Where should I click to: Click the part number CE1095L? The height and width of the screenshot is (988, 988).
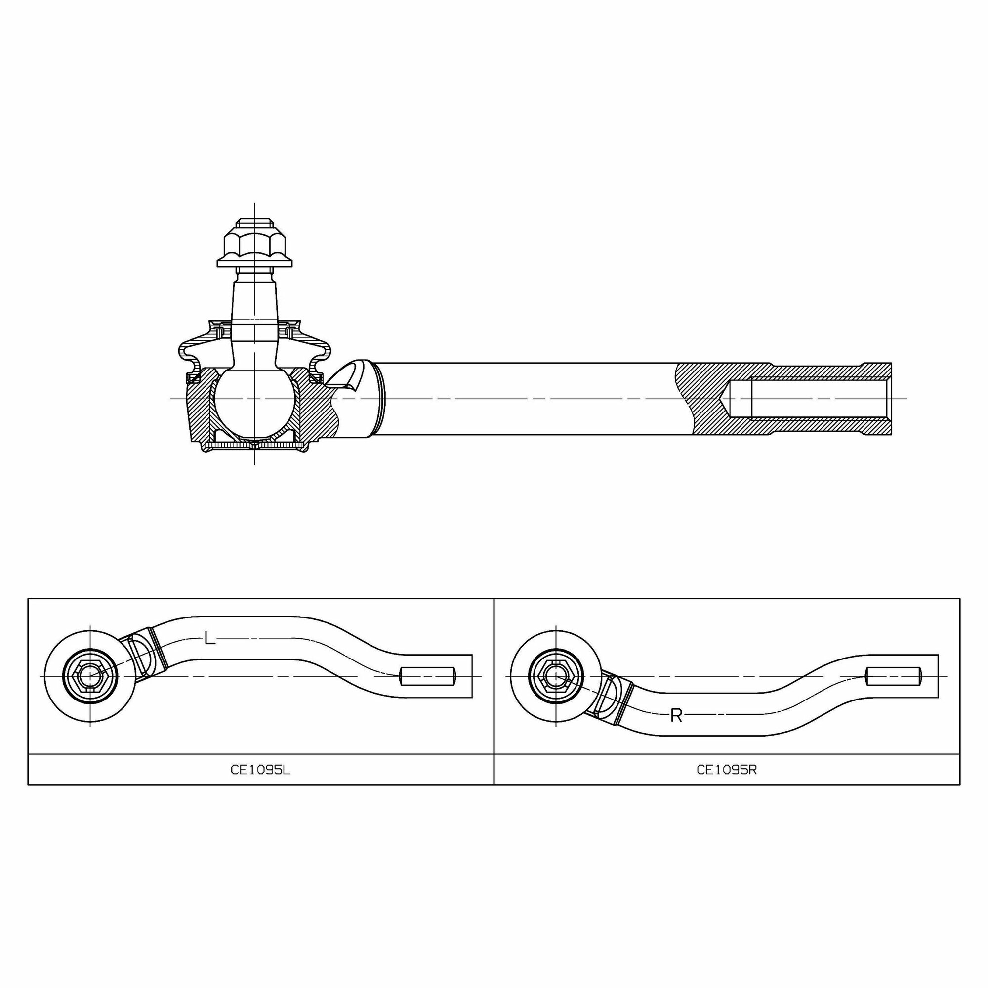pos(260,770)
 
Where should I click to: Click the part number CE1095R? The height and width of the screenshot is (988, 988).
pos(727,770)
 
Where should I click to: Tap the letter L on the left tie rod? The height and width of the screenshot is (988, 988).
pos(209,638)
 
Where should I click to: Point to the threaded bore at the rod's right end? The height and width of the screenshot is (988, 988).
pos(808,398)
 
